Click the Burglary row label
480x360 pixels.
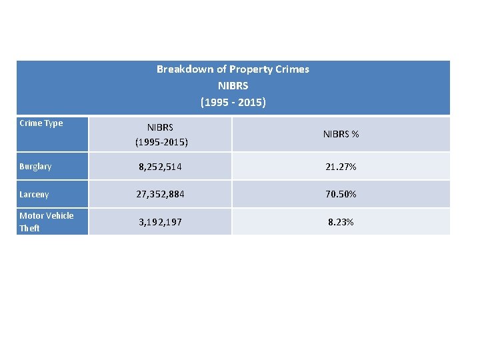(35, 167)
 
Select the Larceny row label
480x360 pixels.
(34, 195)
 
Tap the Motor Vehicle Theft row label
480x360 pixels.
(47, 222)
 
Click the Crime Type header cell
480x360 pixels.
(41, 123)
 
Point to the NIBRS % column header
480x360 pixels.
(341, 135)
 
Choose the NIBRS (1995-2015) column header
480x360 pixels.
(160, 135)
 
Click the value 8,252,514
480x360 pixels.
(161, 167)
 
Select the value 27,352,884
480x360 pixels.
(161, 195)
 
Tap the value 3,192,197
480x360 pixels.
(161, 222)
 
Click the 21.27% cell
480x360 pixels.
(341, 167)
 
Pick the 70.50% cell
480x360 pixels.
(341, 195)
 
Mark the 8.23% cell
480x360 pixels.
(341, 222)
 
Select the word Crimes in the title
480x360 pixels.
(292, 69)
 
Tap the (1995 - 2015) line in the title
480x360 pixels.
(233, 103)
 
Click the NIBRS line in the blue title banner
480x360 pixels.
(233, 86)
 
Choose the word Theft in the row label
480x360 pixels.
(29, 229)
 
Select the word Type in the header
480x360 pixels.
(53, 123)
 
